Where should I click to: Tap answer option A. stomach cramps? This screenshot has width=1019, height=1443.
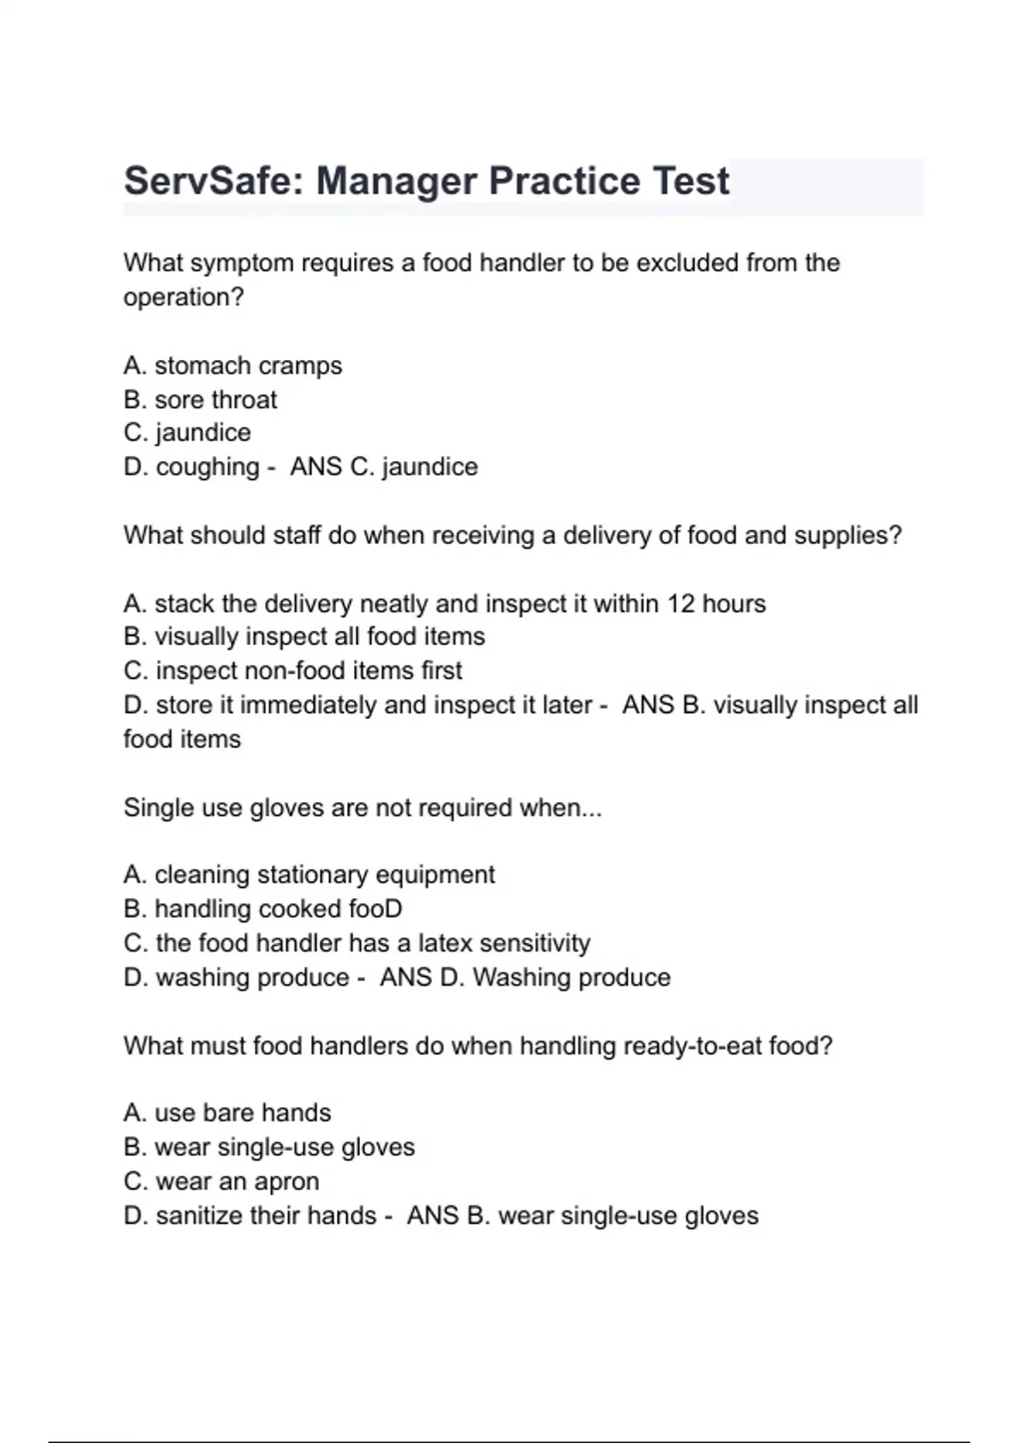233,366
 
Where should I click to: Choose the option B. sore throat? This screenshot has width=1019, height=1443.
200,400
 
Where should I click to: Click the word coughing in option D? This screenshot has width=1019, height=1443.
207,467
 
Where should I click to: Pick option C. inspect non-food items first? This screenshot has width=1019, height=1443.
293,671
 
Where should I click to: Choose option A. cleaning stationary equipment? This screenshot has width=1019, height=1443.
309,875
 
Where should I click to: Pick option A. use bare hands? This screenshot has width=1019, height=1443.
227,1113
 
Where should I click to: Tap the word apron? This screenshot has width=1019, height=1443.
287,1182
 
